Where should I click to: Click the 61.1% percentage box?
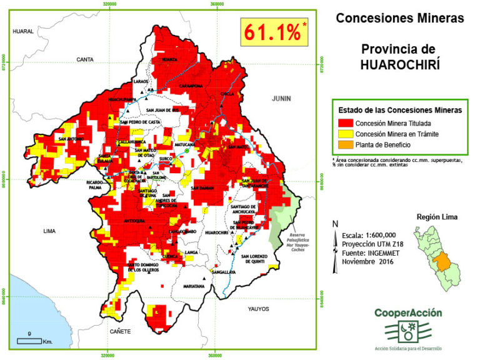(274, 32)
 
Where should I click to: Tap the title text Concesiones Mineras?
(400, 18)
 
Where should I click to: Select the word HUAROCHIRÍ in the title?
(400, 64)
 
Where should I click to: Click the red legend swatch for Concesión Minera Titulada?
(344, 123)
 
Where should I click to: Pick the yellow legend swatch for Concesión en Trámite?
(344, 134)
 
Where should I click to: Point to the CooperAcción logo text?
(408, 313)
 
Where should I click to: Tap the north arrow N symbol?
(336, 224)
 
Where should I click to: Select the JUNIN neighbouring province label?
(281, 99)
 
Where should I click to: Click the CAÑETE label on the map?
(120, 331)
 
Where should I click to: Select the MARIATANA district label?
(194, 287)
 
